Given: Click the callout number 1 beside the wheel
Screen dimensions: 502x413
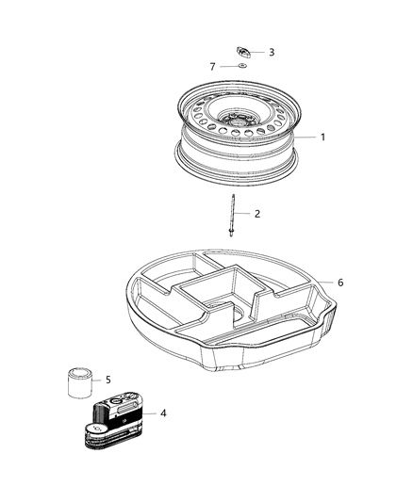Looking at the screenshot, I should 322,138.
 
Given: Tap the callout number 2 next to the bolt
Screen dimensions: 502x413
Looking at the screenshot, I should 257,214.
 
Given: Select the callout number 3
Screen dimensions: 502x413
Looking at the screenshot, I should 272,53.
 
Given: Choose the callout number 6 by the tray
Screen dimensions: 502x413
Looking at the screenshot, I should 340,283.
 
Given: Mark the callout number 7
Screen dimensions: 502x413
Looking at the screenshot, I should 213,67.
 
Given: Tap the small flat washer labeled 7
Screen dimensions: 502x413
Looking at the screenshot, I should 242,68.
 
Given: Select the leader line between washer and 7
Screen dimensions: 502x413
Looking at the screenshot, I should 227,67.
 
